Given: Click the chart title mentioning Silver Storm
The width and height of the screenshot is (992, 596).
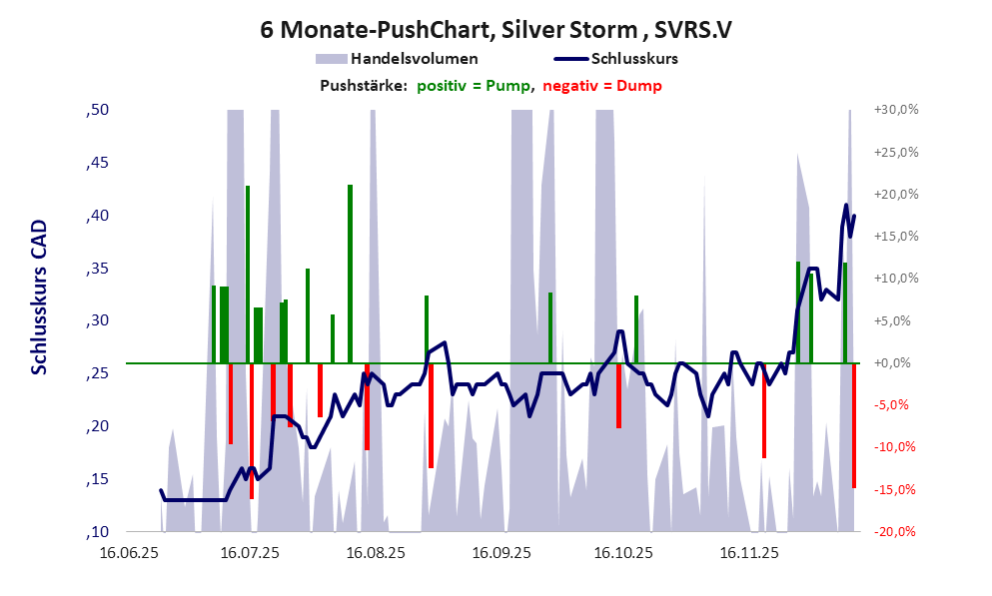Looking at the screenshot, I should coord(496,30).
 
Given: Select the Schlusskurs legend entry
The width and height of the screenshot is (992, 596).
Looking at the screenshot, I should coord(633,59).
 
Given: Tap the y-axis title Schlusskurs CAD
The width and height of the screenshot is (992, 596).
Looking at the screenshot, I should coord(39,298).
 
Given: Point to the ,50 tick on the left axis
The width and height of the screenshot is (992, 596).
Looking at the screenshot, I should coord(98,110).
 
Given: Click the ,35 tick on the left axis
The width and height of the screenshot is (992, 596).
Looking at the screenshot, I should coord(98,269).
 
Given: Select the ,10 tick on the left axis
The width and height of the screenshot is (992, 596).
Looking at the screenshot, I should coord(98,531).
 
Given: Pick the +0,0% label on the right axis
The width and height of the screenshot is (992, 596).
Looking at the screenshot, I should coord(896,363).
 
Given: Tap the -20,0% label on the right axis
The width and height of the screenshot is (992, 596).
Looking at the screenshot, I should coord(895,531).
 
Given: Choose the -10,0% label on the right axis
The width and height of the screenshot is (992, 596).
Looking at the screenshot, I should coord(895,446).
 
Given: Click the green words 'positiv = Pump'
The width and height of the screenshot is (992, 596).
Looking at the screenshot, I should coord(473,86).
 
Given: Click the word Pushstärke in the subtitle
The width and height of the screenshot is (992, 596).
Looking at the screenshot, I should coord(363,86).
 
